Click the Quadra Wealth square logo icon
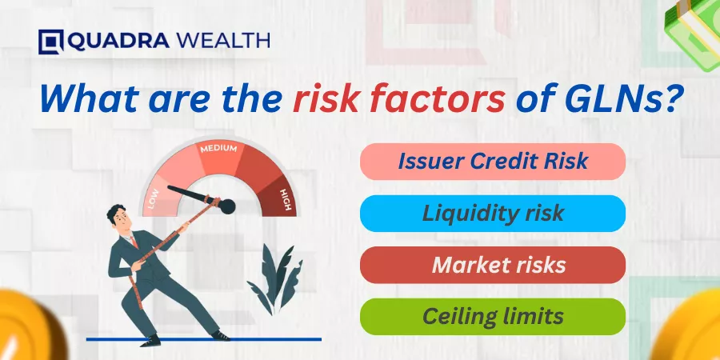(51, 42)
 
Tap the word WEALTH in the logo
(223, 42)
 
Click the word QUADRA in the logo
(119, 42)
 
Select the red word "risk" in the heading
(325, 100)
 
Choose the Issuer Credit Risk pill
(493, 161)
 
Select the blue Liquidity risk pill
(493, 213)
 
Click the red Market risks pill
(493, 265)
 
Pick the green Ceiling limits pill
(493, 316)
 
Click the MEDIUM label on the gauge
(218, 149)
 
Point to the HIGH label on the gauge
(285, 200)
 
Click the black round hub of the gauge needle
(227, 206)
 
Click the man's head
(118, 218)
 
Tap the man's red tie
(134, 241)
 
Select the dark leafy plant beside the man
(275, 279)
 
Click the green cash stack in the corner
(694, 33)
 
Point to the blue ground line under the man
(204, 340)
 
